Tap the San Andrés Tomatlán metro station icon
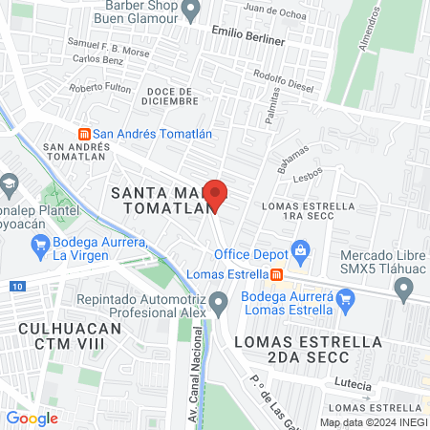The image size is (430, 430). click(84, 133)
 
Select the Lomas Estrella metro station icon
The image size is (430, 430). click(276, 274)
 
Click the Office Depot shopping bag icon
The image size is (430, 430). click(301, 254)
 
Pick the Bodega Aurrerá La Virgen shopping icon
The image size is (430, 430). click(40, 248)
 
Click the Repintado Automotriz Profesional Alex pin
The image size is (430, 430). click(220, 306)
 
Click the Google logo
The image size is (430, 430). click(32, 418)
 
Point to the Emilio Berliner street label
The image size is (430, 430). click(248, 40)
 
